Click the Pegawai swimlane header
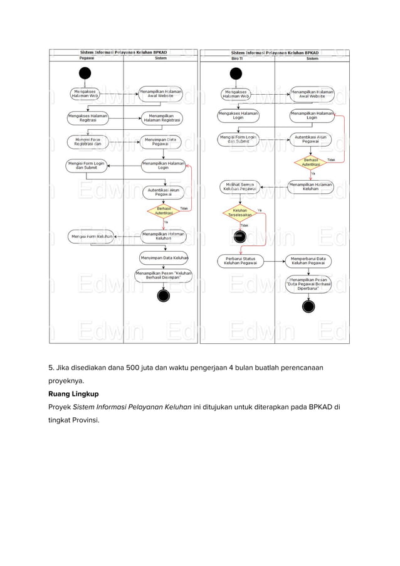(87, 58)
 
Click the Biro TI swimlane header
(237, 58)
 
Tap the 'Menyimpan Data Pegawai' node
(161, 142)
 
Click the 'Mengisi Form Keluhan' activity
(92, 236)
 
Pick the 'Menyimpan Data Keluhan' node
(164, 257)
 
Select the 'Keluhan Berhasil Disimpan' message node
(164, 275)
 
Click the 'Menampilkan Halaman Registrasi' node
(161, 118)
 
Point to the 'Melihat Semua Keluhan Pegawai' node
(239, 186)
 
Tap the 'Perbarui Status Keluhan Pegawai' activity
(239, 260)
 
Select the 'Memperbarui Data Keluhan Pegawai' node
(308, 260)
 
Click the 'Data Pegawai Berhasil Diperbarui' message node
(308, 283)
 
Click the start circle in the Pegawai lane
(85, 73)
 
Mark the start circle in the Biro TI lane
(236, 73)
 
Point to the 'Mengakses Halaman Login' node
(238, 116)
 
